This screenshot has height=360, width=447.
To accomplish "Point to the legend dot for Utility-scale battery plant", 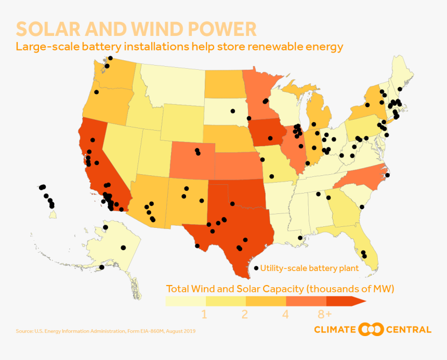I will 256,268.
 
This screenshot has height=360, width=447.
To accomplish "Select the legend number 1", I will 204,314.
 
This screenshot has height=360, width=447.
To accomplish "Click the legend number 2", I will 244,314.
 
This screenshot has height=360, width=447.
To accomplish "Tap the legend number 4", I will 285,314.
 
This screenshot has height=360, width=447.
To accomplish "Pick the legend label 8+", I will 325,314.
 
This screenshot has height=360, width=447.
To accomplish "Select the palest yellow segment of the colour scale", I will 186,301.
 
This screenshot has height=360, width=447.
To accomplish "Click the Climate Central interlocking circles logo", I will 372,329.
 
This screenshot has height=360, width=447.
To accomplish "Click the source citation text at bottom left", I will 106,331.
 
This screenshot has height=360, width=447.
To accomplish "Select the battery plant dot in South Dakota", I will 233,111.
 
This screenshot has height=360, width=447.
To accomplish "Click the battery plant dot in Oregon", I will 97,92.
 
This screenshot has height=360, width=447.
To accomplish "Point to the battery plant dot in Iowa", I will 270,138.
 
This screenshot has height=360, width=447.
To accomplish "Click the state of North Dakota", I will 225,83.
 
